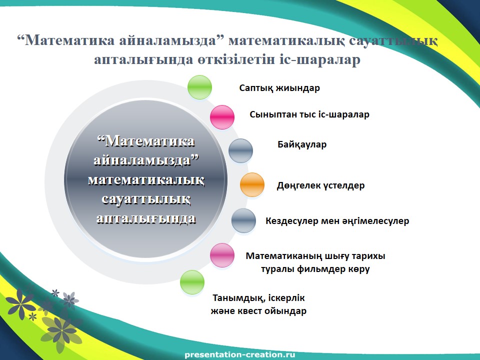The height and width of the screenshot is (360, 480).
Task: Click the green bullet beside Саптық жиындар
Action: click(x=199, y=87)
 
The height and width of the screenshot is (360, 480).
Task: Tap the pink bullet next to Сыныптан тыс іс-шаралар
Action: click(x=222, y=117)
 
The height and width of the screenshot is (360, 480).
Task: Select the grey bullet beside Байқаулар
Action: click(x=240, y=150)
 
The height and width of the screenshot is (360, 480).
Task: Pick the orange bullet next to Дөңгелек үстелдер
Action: click(x=252, y=184)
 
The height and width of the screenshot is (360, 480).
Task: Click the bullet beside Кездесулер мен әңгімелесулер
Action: click(x=243, y=220)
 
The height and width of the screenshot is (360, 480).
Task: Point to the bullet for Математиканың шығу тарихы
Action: click(x=222, y=255)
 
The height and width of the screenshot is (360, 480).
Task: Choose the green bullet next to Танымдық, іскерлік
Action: click(x=192, y=282)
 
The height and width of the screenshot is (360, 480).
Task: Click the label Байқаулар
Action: click(x=302, y=144)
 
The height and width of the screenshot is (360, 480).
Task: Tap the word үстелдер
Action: click(x=343, y=185)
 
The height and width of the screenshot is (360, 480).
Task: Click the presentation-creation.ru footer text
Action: click(x=240, y=355)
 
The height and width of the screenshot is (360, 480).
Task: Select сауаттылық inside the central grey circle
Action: click(x=146, y=199)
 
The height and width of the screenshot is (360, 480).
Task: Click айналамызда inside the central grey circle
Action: click(x=146, y=160)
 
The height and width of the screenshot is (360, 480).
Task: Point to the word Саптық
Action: click(x=256, y=88)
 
